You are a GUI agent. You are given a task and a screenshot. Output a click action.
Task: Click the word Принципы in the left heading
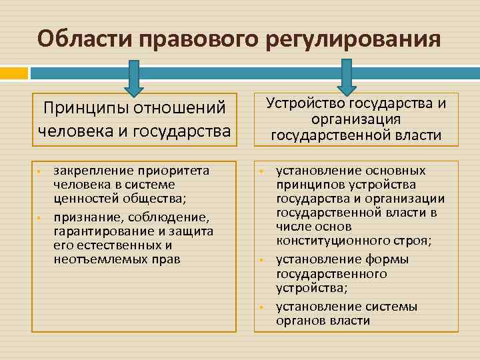click(x=85, y=108)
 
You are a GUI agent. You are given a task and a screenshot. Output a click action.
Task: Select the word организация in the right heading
click(x=356, y=119)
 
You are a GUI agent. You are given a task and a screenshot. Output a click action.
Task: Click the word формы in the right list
click(x=389, y=259)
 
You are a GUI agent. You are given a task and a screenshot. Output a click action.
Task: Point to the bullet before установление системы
click(x=262, y=307)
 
